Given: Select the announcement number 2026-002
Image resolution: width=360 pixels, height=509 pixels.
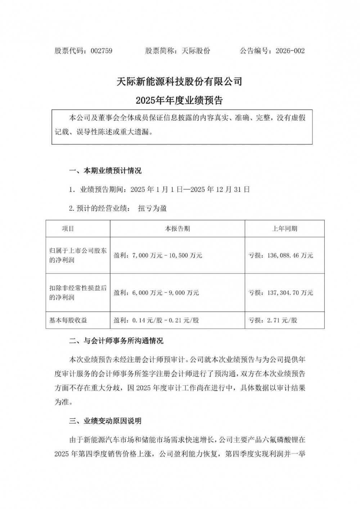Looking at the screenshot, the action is pyautogui.click(x=290, y=51).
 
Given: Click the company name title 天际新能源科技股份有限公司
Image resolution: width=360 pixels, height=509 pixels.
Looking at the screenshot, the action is pyautogui.click(x=179, y=82).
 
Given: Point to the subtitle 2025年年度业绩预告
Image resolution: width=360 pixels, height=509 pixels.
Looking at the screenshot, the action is pyautogui.click(x=179, y=100).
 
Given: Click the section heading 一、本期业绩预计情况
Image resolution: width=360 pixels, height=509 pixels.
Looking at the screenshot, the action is pyautogui.click(x=105, y=171).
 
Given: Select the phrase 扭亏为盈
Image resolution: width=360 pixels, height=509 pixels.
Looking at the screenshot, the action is pyautogui.click(x=152, y=208).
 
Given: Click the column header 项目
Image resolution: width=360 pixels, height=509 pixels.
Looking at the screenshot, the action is pyautogui.click(x=68, y=229).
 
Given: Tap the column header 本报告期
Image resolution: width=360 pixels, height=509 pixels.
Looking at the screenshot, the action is pyautogui.click(x=177, y=229).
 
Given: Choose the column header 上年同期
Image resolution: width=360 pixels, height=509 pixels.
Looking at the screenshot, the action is pyautogui.click(x=284, y=229).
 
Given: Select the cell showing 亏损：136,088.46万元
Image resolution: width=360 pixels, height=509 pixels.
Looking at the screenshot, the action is pyautogui.click(x=281, y=256).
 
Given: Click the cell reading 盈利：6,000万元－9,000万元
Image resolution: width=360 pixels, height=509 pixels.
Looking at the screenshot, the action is pyautogui.click(x=156, y=293).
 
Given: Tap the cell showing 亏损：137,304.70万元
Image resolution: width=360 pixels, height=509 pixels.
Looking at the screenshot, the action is pyautogui.click(x=281, y=293).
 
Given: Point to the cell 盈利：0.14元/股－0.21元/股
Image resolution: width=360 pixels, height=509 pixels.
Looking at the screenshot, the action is pyautogui.click(x=156, y=320).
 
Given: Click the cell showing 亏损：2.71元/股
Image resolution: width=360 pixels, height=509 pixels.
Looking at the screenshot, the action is pyautogui.click(x=273, y=320).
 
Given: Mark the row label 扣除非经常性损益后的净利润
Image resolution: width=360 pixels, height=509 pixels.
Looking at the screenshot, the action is pyautogui.click(x=78, y=293).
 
